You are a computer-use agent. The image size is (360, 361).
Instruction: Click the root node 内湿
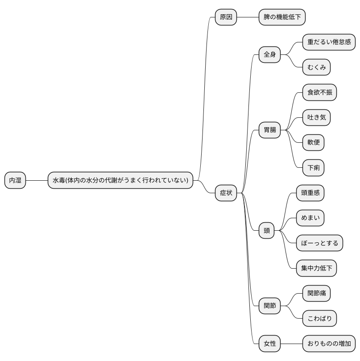point(15,180)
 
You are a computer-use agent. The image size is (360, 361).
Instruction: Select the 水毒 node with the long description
point(120,180)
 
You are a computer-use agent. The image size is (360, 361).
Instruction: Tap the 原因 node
point(226,17)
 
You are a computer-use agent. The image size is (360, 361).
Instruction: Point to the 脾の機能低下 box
point(282,17)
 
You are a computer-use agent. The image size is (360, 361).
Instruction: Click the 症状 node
point(226,193)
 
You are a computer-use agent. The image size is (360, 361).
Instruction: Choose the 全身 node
point(269,54)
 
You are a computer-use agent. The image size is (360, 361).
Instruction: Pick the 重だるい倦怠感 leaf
point(329,42)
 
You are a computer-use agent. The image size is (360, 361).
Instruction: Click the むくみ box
point(316,67)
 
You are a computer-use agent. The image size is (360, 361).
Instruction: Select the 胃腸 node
point(269,130)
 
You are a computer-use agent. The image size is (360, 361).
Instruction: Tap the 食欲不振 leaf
point(319,92)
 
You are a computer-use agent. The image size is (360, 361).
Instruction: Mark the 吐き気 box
point(316,117)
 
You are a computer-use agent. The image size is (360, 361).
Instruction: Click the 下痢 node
point(313,168)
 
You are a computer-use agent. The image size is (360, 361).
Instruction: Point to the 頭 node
point(266,231)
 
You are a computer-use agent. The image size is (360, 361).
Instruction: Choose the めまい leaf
point(310,218)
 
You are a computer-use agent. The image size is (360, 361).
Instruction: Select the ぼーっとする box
point(319,243)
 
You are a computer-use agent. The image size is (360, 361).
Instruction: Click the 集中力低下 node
point(316,268)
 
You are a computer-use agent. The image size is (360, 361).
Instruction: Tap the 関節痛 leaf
point(316,293)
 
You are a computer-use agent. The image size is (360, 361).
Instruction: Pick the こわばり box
point(319,319)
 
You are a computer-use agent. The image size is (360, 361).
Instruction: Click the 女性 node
point(269,344)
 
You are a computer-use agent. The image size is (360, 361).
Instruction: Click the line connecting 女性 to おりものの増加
point(291,344)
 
